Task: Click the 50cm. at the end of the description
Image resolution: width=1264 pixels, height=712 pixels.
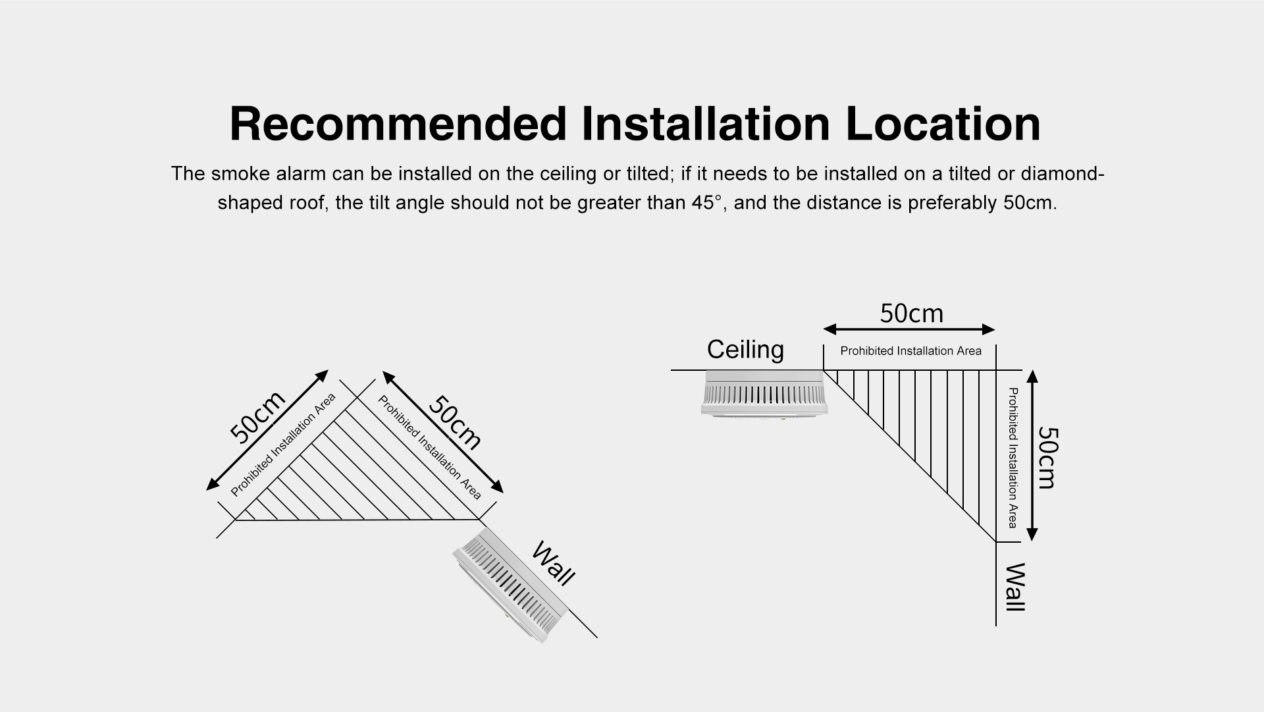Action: pos(1030,202)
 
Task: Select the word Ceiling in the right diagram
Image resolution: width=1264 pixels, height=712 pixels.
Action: pos(745,349)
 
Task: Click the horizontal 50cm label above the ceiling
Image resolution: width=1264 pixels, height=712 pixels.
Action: pos(911,314)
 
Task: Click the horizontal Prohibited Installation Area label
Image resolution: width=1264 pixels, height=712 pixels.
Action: pos(910,351)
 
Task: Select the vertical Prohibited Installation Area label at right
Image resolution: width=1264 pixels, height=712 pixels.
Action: pos(1013,458)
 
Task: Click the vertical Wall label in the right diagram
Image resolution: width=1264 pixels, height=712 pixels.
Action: pos(1015,587)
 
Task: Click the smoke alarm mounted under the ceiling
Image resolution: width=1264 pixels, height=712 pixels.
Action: pos(764,394)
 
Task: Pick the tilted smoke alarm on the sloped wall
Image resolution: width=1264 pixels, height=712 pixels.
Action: pos(510,588)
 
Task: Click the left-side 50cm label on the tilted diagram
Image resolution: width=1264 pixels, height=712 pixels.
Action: pos(257,417)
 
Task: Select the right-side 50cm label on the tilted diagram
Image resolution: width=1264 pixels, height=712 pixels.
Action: pos(455,422)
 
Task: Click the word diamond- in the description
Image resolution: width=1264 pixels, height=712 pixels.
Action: pos(1062,174)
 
